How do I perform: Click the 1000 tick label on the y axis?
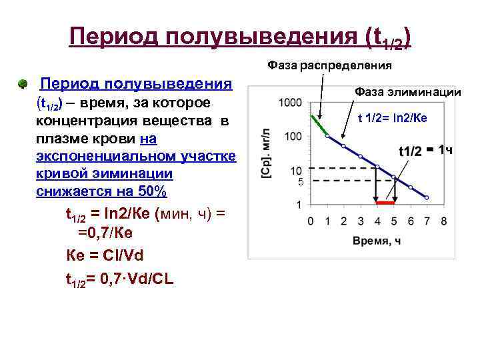pyautogui.click(x=291, y=103)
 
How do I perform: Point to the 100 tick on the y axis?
pyautogui.click(x=293, y=137)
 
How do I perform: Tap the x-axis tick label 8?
pyautogui.click(x=443, y=221)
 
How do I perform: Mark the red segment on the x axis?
pyautogui.click(x=385, y=202)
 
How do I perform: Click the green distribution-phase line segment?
pyautogui.click(x=319, y=125)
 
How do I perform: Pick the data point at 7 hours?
pyautogui.click(x=427, y=197)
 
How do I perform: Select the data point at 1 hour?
pyautogui.click(x=327, y=135)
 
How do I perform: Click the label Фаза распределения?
pyautogui.click(x=329, y=65)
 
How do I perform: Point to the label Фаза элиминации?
pyautogui.click(x=407, y=92)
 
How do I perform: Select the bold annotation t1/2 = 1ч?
pyautogui.click(x=425, y=150)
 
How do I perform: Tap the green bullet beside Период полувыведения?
pyautogui.click(x=23, y=85)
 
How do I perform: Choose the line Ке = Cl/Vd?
pyautogui.click(x=105, y=255)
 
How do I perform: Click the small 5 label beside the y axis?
pyautogui.click(x=300, y=182)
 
